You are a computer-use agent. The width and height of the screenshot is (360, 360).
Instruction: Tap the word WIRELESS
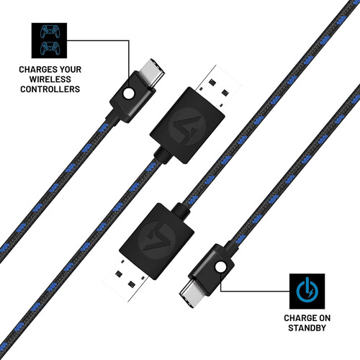tap(50, 79)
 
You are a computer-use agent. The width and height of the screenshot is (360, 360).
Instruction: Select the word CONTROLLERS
tap(50, 89)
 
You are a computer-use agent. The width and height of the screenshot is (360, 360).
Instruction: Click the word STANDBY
tap(307, 328)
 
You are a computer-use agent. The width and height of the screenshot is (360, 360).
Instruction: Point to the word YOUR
tap(71, 70)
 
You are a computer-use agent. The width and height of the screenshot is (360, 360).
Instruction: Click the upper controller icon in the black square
tap(50, 32)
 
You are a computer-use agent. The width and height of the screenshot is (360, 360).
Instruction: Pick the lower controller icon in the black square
tap(50, 48)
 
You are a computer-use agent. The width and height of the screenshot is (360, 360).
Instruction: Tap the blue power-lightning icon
tap(307, 289)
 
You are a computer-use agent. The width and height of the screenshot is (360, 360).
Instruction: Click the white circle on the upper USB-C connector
tap(129, 94)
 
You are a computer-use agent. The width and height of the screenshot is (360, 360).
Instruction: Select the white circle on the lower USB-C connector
tap(220, 266)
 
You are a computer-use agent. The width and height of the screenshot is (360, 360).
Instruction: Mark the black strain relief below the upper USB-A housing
tap(163, 156)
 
